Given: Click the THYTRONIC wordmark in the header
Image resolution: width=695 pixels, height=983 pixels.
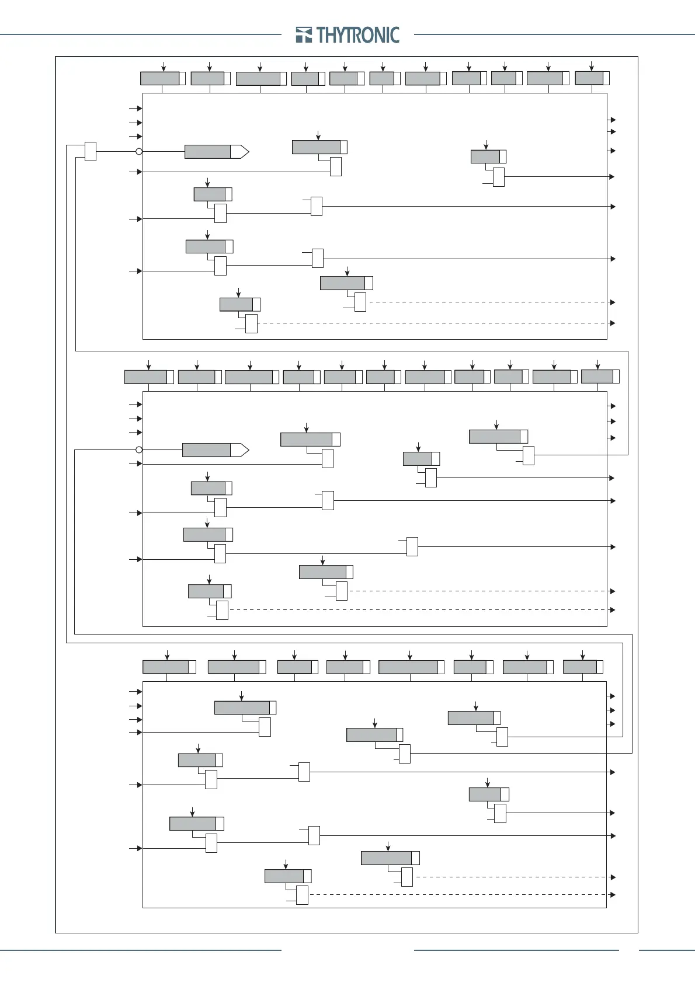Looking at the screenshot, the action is point(359,35).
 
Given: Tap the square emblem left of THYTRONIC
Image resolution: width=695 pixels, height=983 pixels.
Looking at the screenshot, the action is point(304,35).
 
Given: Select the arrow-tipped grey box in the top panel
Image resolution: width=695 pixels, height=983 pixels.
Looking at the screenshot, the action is point(217,152).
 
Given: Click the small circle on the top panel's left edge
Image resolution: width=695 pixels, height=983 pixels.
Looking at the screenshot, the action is point(139,152).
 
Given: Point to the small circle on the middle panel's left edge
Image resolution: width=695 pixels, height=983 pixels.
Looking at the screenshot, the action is point(139,450).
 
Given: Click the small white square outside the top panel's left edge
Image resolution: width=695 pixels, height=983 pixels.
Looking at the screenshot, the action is point(91,151).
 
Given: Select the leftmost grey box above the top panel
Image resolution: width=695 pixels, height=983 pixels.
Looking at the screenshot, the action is point(160,78).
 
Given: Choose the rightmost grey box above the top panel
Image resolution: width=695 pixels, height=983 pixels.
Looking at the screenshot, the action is point(589,78).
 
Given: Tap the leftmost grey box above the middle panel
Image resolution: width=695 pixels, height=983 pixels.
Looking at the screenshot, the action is point(146,377).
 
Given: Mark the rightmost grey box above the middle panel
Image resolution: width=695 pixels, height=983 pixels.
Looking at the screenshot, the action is point(597,377).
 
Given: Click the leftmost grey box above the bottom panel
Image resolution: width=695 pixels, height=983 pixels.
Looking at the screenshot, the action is point(166,667).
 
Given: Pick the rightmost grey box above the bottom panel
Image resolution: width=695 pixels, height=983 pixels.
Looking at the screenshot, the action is point(580,667).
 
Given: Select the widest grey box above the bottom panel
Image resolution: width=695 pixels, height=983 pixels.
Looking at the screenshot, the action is point(408,667).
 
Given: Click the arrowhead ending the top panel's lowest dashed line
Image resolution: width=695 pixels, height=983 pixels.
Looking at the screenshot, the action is point(613,323).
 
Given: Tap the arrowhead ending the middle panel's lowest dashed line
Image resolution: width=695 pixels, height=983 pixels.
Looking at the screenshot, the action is point(613,610).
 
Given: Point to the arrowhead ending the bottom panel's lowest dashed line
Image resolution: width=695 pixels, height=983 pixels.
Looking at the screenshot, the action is point(613,895).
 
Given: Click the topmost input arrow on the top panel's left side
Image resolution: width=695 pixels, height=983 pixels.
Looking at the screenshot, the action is point(139,109).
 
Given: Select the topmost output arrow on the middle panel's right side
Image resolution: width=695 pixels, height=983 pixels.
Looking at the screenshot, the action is point(613,406).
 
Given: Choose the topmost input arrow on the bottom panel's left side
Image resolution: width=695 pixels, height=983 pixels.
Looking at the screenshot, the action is point(139,692).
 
